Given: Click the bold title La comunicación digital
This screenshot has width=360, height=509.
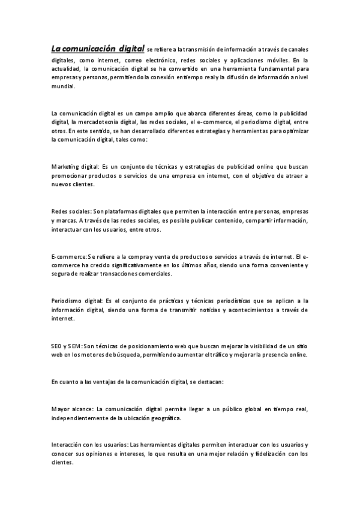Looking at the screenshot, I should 98,49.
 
